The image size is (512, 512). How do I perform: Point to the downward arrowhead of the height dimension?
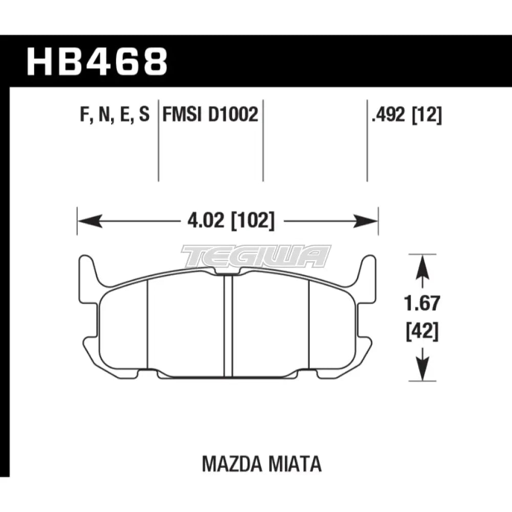click(421, 371)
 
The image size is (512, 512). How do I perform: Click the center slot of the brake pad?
click(228, 325)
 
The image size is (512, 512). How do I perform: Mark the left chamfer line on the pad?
click(147, 325)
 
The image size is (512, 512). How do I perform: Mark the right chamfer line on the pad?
click(309, 325)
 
